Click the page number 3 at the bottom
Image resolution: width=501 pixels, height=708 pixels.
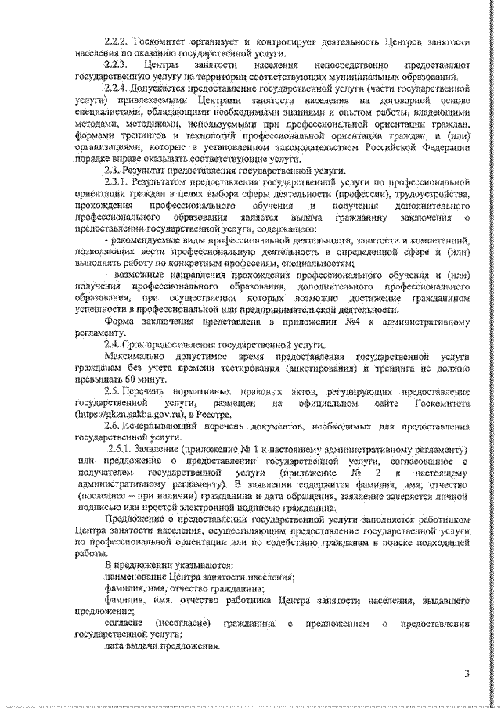pos(467,674)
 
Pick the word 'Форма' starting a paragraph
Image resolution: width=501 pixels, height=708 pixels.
pos(118,322)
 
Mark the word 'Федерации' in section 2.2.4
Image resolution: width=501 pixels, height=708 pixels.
pos(445,146)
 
